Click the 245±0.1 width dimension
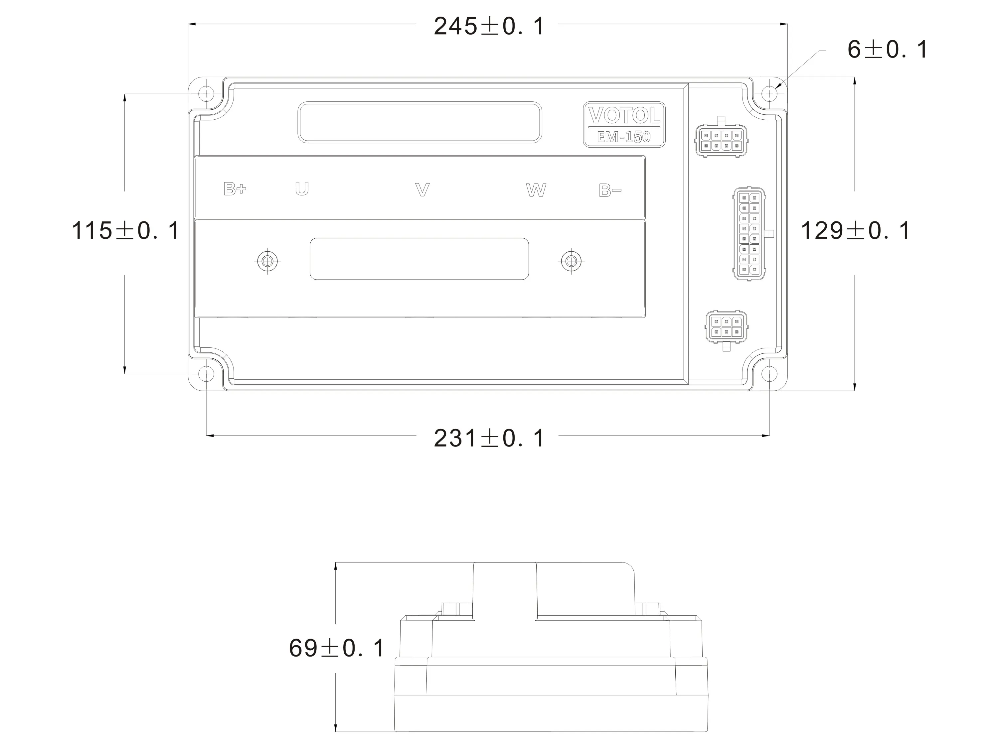[x=489, y=26]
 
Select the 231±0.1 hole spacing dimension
[x=489, y=438]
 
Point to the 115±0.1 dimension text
[x=125, y=230]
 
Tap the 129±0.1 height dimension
[x=855, y=230]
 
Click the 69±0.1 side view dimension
[x=336, y=648]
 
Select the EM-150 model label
[x=624, y=137]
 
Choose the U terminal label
[x=302, y=188]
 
